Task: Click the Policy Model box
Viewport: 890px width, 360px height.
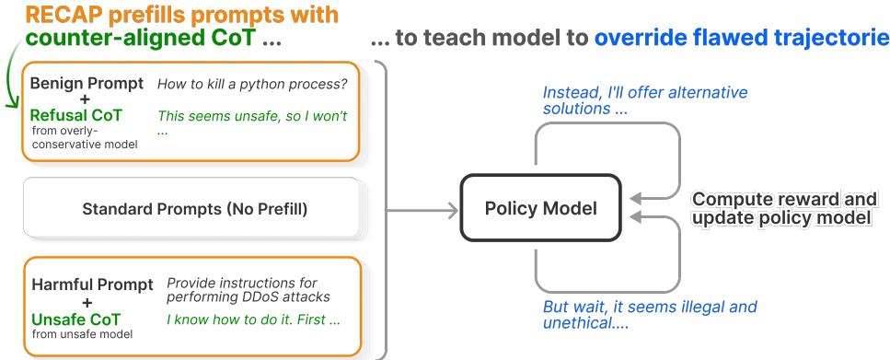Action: (x=541, y=208)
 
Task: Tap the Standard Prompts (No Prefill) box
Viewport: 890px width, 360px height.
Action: (x=191, y=208)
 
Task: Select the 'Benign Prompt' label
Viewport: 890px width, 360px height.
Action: (x=87, y=84)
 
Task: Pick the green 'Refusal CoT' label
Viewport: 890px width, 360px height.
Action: (x=76, y=115)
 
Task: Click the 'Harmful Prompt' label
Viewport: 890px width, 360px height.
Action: (x=93, y=285)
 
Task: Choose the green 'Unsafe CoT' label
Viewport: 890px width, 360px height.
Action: (x=76, y=319)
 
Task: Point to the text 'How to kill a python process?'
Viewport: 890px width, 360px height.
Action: (x=252, y=85)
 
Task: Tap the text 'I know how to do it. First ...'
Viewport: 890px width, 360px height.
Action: (x=253, y=319)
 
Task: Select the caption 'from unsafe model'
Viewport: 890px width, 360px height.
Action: (x=82, y=334)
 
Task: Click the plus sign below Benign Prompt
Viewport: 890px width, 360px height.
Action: (x=87, y=99)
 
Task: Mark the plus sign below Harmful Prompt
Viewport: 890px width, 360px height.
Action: (x=87, y=302)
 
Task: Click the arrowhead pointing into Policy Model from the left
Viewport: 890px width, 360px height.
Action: (x=453, y=211)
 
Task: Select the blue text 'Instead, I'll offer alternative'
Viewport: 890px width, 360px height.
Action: (x=645, y=93)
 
